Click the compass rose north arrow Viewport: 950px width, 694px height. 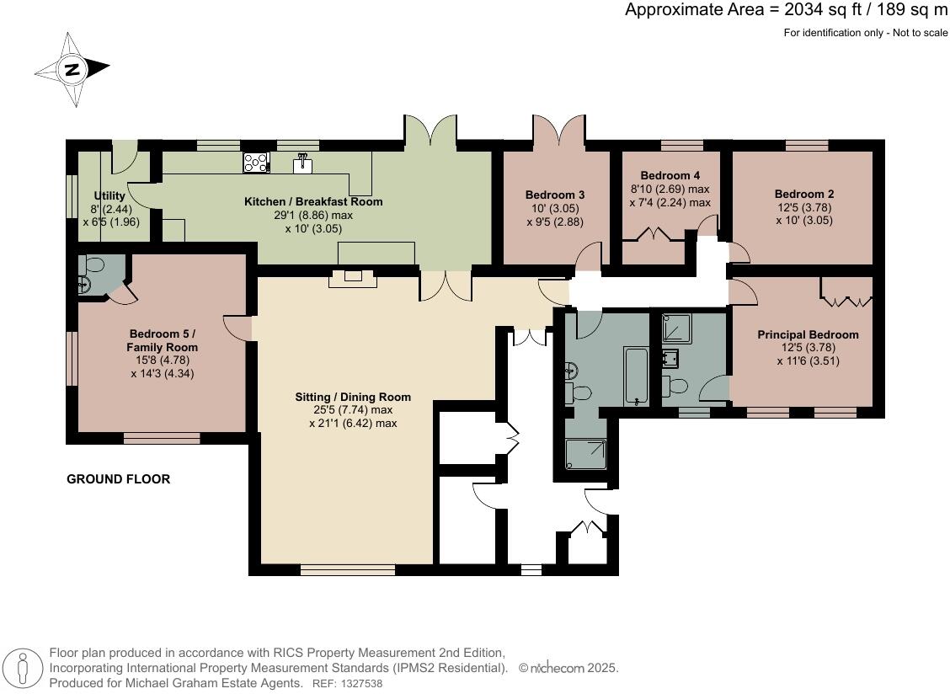tap(73, 69)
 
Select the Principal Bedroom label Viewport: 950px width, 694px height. tap(808, 334)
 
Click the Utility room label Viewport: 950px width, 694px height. tap(109, 195)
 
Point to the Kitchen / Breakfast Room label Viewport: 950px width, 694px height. tap(313, 201)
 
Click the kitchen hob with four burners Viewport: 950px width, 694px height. tap(256, 162)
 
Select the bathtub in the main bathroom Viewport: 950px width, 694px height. tap(635, 375)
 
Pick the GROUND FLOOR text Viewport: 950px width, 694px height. tap(118, 479)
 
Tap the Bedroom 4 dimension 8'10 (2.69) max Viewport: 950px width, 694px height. tap(670, 190)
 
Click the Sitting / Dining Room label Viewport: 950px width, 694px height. tap(353, 397)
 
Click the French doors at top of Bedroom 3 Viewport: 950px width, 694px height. tap(558, 131)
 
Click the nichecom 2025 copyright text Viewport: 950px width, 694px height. tap(569, 668)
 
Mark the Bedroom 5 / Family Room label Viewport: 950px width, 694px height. tap(162, 339)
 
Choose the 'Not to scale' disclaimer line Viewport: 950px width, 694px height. tap(865, 33)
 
